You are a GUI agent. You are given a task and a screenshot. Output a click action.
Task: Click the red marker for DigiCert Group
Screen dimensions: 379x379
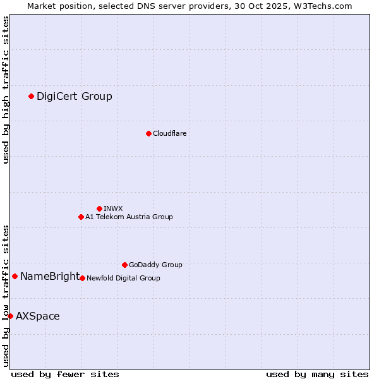point(31,96)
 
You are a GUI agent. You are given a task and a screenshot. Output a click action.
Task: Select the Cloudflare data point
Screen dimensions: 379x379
point(148,133)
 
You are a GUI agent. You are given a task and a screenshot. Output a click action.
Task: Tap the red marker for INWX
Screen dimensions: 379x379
point(99,208)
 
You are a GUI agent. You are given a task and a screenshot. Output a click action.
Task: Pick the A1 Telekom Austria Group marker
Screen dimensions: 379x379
point(81,217)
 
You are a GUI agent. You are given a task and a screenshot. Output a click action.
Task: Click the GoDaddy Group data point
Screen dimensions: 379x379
point(124,265)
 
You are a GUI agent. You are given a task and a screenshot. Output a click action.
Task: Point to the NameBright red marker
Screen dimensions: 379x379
point(15,276)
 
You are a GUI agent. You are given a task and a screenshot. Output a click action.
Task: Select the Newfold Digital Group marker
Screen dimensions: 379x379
point(82,278)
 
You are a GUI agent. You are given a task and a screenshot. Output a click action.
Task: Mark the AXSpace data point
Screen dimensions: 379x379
point(10,316)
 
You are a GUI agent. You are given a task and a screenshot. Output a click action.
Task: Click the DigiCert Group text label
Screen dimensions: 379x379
point(75,96)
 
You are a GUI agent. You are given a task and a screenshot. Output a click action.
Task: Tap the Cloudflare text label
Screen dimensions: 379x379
point(170,133)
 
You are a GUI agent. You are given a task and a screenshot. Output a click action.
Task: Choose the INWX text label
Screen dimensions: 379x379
point(113,208)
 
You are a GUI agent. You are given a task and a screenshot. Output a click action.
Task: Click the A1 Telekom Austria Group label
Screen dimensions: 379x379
point(129,217)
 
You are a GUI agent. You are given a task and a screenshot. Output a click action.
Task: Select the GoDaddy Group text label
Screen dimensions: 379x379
point(155,265)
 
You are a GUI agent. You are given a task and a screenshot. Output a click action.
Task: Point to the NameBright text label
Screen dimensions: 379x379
point(50,276)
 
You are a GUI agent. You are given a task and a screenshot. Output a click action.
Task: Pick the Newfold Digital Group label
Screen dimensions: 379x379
point(123,278)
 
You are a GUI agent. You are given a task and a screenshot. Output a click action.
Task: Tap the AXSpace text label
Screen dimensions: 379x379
point(38,316)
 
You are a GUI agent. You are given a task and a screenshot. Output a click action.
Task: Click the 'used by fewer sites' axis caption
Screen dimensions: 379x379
point(65,374)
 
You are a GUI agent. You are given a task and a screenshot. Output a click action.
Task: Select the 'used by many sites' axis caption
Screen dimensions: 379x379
point(317,374)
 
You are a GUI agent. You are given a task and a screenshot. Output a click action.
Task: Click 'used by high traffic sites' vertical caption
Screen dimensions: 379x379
point(6,90)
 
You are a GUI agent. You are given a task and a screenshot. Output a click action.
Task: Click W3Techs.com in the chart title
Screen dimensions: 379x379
point(326,6)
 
